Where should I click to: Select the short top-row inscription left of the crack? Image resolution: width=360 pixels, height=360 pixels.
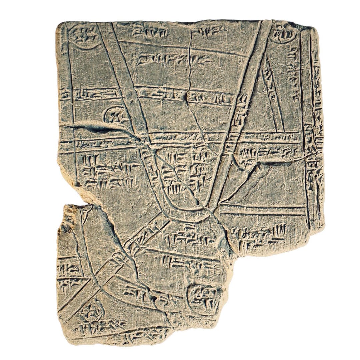(x=150, y=32)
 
